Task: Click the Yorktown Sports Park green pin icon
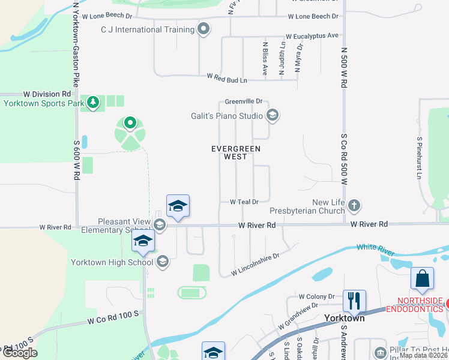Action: (x=93, y=103)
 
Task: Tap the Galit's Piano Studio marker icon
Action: (x=273, y=115)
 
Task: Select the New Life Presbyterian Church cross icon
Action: (x=354, y=206)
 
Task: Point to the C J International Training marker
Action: (x=204, y=29)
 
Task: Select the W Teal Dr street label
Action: (x=244, y=202)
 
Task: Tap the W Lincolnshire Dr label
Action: (x=256, y=264)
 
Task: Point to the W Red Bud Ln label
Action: (x=228, y=77)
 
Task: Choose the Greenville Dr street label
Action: (x=244, y=101)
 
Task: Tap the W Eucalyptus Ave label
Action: (x=312, y=36)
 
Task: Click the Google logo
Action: (x=20, y=353)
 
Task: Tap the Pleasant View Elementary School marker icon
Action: (x=160, y=225)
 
